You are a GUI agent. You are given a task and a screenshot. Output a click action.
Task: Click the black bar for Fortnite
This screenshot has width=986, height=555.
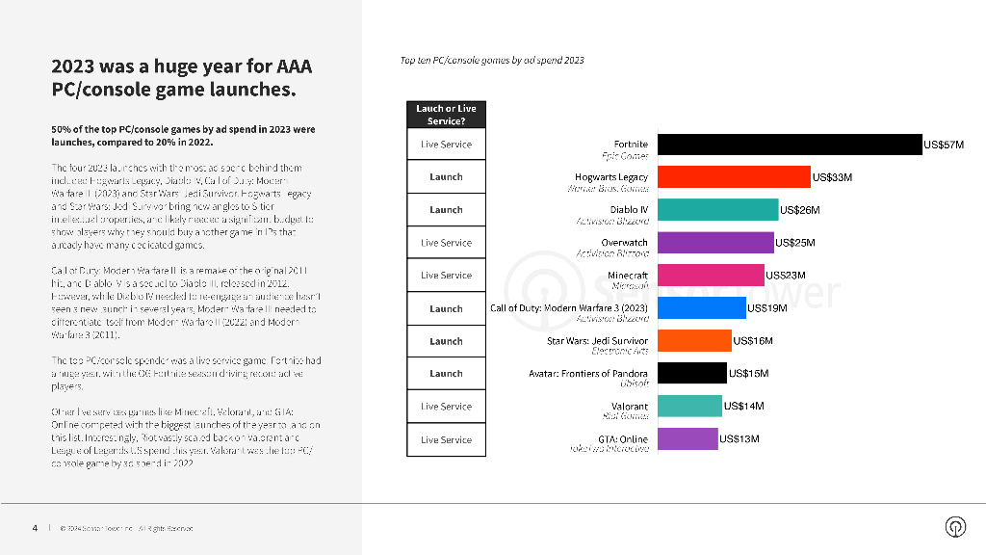(x=790, y=145)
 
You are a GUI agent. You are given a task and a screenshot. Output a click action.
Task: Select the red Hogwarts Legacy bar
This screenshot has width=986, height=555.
(x=734, y=177)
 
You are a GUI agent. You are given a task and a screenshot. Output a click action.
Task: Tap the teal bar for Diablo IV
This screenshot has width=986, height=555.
(x=717, y=210)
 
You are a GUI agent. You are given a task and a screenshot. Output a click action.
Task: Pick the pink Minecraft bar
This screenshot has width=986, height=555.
(x=711, y=276)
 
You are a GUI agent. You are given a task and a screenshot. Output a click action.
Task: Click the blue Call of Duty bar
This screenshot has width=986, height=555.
(x=701, y=308)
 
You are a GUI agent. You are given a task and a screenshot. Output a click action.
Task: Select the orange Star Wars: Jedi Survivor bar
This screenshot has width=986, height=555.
(x=694, y=341)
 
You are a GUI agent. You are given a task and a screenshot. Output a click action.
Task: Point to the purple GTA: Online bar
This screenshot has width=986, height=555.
(x=688, y=439)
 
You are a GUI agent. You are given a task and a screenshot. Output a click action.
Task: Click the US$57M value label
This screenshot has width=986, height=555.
(x=944, y=145)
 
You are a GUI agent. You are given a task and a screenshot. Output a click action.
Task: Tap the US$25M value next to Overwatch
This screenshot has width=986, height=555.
(x=795, y=243)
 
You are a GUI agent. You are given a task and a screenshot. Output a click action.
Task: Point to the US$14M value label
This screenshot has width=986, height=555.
(x=743, y=407)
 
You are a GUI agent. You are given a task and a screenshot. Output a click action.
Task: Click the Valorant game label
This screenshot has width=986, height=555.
(x=630, y=407)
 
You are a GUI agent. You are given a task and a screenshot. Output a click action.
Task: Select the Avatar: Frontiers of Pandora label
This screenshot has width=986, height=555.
(x=588, y=374)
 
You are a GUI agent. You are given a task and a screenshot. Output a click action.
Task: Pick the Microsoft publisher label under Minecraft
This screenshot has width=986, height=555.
(x=630, y=285)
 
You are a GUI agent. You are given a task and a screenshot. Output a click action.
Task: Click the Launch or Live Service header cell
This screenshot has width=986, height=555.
(x=446, y=115)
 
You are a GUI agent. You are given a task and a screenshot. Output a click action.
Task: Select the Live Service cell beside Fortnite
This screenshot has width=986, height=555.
(x=446, y=145)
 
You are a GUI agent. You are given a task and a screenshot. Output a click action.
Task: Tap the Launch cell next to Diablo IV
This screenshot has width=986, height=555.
(x=446, y=210)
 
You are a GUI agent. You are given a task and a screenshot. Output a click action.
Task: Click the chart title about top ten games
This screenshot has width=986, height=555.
(x=492, y=61)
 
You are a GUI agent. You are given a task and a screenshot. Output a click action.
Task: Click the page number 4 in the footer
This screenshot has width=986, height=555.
(x=35, y=527)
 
